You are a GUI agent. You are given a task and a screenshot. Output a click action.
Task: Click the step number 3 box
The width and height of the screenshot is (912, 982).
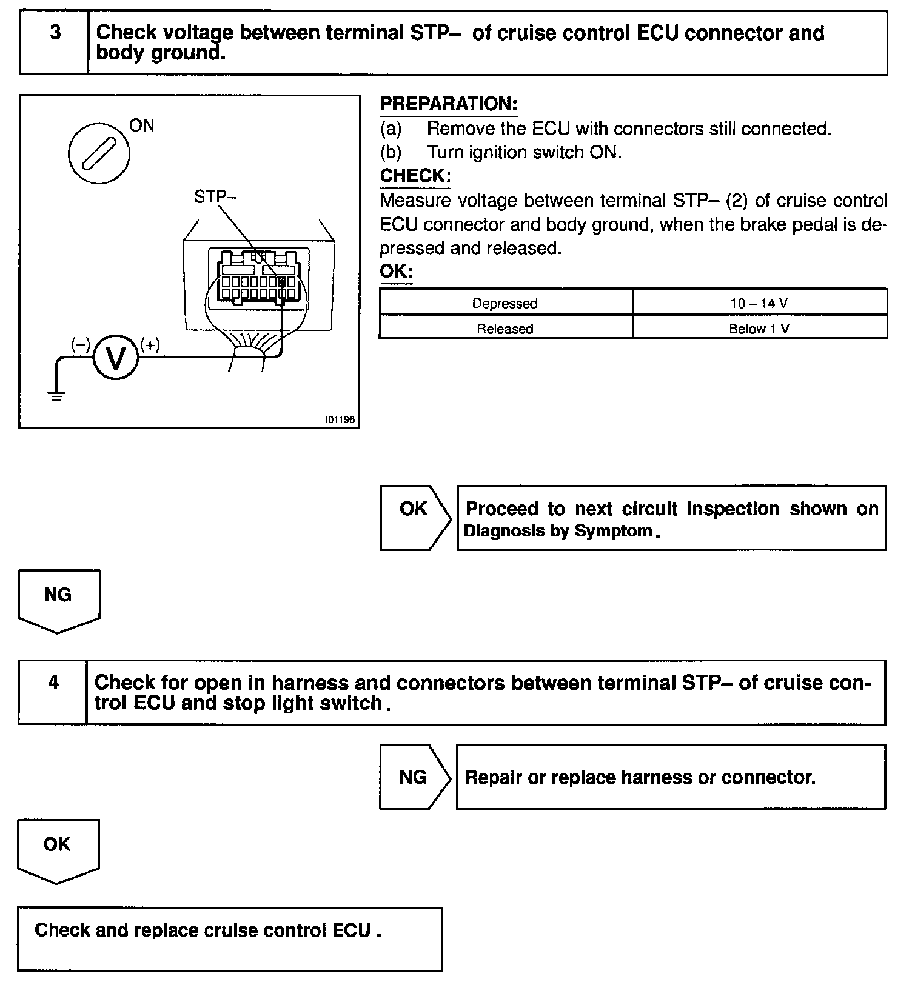tap(55, 42)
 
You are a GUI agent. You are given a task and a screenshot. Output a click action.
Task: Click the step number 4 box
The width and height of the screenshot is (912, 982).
tap(53, 692)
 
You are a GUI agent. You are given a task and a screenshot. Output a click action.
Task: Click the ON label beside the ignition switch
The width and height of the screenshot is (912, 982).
tap(142, 125)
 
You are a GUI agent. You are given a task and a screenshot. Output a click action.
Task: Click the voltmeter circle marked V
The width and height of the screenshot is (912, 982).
tap(115, 358)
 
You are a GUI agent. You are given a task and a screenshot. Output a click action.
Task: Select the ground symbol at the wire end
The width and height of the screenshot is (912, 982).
tap(56, 397)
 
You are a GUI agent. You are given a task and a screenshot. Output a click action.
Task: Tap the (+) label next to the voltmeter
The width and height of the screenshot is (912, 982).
tap(150, 345)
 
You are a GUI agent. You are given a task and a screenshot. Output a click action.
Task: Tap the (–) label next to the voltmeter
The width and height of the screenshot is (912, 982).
tap(80, 345)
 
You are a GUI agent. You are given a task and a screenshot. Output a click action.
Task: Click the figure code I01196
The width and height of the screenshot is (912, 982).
tap(339, 419)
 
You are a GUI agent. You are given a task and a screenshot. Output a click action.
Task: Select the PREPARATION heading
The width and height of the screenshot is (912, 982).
tap(448, 104)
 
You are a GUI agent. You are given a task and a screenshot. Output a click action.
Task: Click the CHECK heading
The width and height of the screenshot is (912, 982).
tap(415, 176)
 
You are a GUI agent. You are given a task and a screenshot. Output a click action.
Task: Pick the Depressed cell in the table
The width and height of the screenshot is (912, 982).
tap(505, 303)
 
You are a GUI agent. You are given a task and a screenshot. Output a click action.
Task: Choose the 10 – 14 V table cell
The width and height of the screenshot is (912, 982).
tap(759, 303)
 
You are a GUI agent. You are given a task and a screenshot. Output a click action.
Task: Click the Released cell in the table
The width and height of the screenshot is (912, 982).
tap(505, 329)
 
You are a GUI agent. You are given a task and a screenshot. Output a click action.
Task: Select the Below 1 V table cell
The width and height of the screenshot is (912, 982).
tap(759, 329)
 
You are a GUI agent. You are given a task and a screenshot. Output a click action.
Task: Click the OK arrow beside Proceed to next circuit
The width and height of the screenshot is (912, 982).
tap(414, 517)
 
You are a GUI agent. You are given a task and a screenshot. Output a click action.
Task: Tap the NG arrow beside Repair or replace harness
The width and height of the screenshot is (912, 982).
tap(414, 777)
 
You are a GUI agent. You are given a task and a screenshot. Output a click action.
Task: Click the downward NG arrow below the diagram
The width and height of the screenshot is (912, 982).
tap(58, 600)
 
